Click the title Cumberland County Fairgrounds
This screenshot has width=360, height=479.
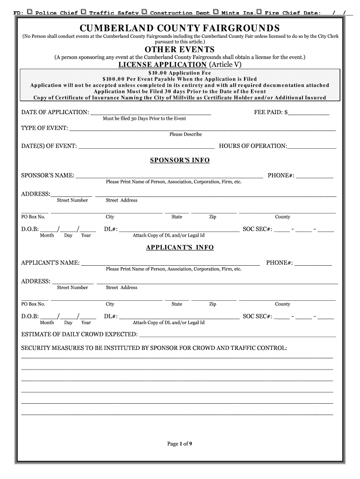(180, 28)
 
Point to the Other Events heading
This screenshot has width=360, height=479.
(180, 50)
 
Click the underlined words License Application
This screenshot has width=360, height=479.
(162, 65)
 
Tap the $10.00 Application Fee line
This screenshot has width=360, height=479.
(180, 73)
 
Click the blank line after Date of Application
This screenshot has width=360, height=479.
(150, 113)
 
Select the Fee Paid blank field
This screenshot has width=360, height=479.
(309, 113)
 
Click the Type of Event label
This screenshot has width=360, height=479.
(44, 128)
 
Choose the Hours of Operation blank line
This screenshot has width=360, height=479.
(312, 146)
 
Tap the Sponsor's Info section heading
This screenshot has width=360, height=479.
(180, 160)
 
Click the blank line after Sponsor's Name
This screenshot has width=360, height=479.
(169, 176)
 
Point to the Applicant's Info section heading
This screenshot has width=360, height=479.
(180, 247)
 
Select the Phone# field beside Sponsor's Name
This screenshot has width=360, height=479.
(315, 176)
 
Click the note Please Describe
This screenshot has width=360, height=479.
(186, 135)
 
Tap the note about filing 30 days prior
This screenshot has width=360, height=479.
(144, 119)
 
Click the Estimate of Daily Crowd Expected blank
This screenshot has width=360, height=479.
(238, 334)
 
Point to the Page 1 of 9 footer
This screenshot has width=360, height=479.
(180, 444)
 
